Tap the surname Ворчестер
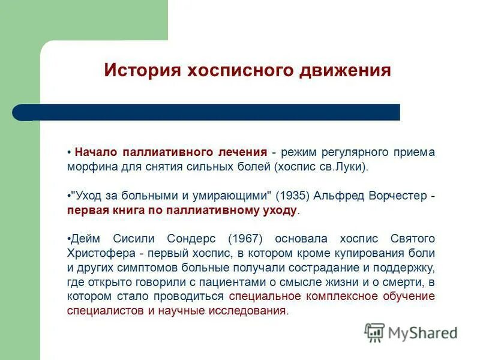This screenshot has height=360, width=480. (394, 196)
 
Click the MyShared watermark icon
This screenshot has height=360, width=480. (374, 332)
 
